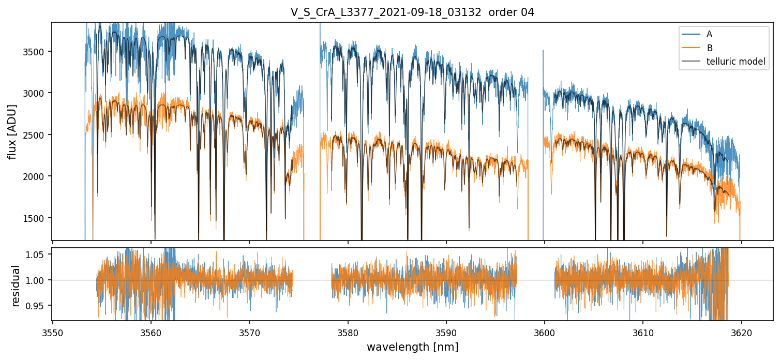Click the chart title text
pos(412,12)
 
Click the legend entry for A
pos(709,34)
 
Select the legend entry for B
pos(709,48)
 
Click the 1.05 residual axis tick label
pos(39,254)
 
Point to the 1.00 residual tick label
pos(39,280)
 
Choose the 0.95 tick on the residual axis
pos(39,306)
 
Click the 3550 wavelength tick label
pos(53,332)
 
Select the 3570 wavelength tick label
pos(249,332)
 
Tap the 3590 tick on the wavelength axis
pos(446,332)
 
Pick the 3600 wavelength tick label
pos(545,332)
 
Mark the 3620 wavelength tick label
pos(741,332)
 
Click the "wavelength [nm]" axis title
pos(412,347)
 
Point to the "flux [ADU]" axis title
pos(12,131)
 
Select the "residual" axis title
pos(16,286)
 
